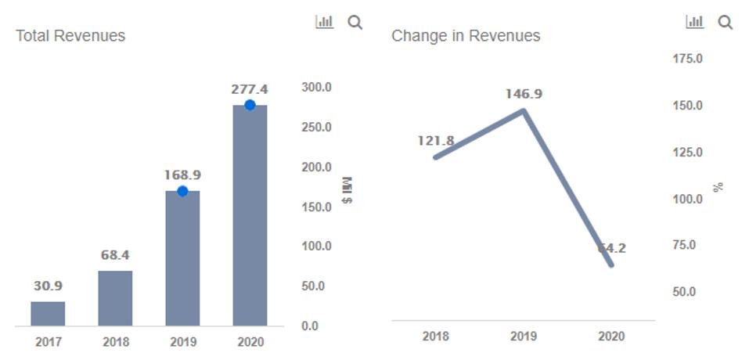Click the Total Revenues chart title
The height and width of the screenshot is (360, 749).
pyautogui.click(x=70, y=36)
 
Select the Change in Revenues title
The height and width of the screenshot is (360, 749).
pyautogui.click(x=466, y=36)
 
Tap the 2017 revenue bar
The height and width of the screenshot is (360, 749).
pyautogui.click(x=48, y=314)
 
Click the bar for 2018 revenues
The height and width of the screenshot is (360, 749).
pyautogui.click(x=115, y=298)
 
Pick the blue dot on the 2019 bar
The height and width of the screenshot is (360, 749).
pyautogui.click(x=182, y=191)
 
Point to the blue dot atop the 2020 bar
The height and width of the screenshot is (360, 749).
pyautogui.click(x=250, y=105)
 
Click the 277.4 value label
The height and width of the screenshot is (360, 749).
pyautogui.click(x=250, y=89)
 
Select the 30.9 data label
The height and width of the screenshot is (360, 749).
pyautogui.click(x=48, y=286)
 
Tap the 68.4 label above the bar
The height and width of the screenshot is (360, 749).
pyautogui.click(x=115, y=255)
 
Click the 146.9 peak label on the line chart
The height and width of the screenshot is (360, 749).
pyautogui.click(x=524, y=94)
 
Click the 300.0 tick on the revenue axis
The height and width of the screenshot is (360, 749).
pyautogui.click(x=316, y=88)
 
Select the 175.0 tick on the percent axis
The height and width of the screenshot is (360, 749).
pyautogui.click(x=688, y=59)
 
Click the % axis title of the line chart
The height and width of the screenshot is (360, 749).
pyautogui.click(x=718, y=187)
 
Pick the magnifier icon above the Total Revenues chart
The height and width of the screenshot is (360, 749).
pyautogui.click(x=355, y=23)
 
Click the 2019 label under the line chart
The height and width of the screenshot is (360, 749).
pyautogui.click(x=524, y=337)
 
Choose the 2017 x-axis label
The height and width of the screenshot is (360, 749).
pyautogui.click(x=48, y=342)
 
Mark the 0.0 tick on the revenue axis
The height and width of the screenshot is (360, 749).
pyautogui.click(x=310, y=326)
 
